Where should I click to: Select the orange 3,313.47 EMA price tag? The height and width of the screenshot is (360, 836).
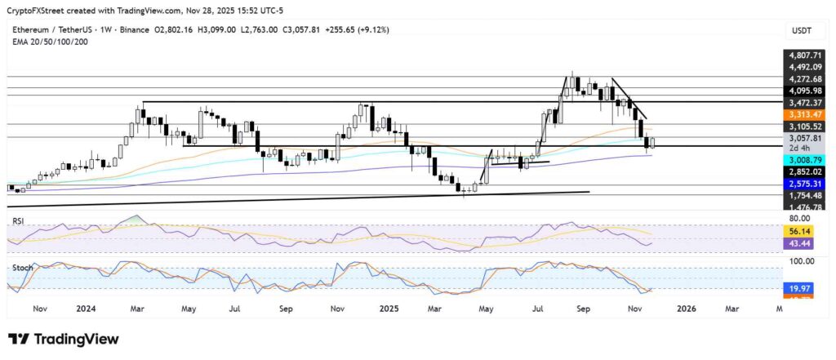[x=803, y=113]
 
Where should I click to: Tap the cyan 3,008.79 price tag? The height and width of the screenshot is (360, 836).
[x=803, y=160]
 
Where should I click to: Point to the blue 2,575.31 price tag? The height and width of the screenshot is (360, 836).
[x=803, y=184]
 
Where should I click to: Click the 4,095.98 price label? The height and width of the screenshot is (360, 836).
[x=803, y=91]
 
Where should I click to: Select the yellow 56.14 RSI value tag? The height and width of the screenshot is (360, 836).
[x=803, y=231]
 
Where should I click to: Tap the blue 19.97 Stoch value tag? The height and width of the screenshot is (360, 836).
[x=803, y=288]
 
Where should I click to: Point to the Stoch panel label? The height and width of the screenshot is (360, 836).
[x=19, y=267]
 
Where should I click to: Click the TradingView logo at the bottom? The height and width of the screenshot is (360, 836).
[x=64, y=339]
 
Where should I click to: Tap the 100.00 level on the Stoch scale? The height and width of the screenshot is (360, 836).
[x=803, y=261]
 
